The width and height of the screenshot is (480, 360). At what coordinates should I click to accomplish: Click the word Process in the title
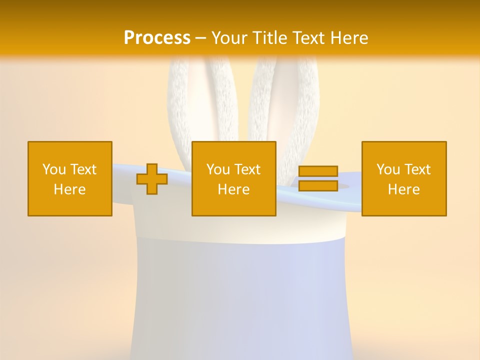point(157,37)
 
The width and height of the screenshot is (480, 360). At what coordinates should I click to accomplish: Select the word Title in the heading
point(271,37)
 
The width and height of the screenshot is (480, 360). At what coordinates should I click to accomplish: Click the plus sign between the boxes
point(152,179)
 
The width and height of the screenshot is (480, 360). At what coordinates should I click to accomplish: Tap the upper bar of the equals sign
point(318,171)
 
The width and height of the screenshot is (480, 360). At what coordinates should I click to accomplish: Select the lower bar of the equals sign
point(318,185)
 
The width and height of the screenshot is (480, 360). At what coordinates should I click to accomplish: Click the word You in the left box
point(53,169)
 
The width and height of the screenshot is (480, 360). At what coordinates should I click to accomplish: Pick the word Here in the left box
point(69,189)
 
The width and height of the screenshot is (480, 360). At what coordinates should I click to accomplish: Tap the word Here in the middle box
point(233,189)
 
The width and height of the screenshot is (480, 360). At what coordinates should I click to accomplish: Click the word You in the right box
point(387,169)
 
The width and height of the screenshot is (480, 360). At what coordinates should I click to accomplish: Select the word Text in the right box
point(417,169)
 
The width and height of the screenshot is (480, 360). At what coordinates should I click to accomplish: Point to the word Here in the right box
point(403,189)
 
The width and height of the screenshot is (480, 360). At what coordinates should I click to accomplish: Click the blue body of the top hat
point(235,295)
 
